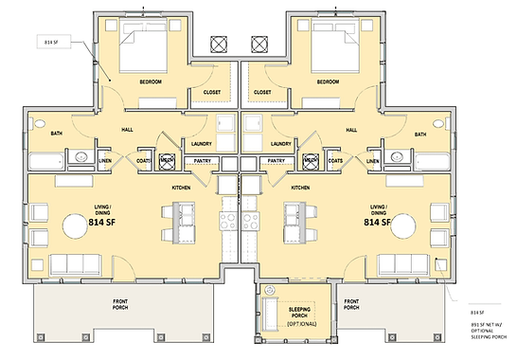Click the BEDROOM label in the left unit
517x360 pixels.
[152, 82]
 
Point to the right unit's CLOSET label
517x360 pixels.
[262, 92]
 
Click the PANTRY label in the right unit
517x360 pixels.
[276, 161]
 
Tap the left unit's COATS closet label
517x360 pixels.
[144, 161]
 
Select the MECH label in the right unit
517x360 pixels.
[311, 161]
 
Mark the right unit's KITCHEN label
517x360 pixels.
[301, 188]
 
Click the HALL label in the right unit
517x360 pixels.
[351, 130]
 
